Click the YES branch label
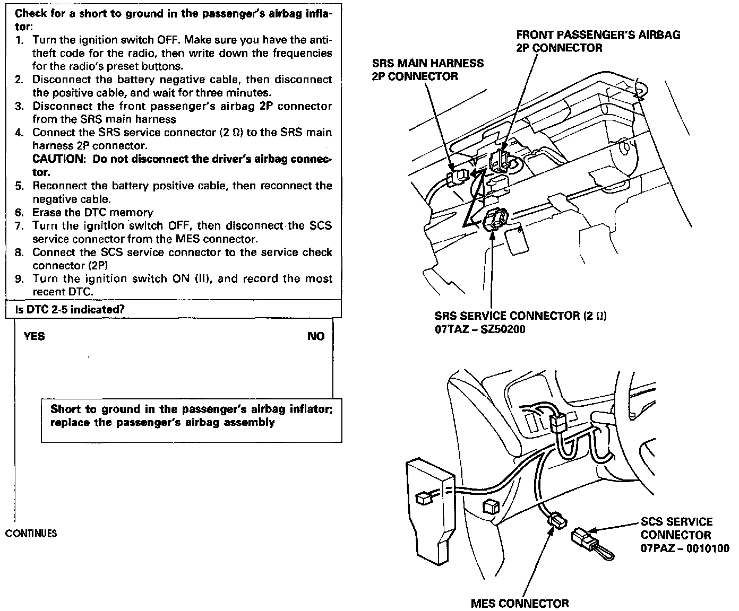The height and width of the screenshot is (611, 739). (x=34, y=336)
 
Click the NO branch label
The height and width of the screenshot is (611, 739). (x=315, y=336)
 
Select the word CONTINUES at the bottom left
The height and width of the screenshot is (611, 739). (x=31, y=534)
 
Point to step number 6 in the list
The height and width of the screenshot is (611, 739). (x=20, y=213)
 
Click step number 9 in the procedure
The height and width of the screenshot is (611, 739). (x=20, y=279)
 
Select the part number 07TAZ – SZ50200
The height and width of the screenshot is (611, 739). (x=480, y=329)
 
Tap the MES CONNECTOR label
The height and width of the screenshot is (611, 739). (x=520, y=604)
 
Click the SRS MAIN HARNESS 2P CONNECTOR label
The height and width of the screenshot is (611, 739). (x=428, y=69)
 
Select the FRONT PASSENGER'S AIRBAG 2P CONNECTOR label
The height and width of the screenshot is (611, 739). (x=598, y=41)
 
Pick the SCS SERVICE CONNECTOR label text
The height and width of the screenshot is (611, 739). (x=676, y=528)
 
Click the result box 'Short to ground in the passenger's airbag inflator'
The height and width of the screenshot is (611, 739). (x=191, y=416)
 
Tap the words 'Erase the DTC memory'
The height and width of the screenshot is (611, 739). (x=93, y=213)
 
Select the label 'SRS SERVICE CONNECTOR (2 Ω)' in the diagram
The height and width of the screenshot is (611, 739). (x=520, y=316)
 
